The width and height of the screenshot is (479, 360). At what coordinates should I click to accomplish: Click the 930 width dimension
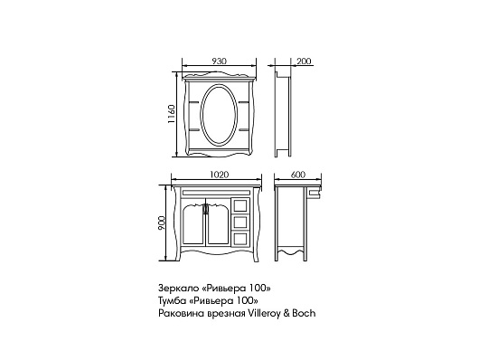click(219, 62)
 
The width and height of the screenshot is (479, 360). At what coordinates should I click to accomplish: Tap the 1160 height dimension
click(172, 114)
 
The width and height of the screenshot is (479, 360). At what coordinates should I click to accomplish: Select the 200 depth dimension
click(304, 62)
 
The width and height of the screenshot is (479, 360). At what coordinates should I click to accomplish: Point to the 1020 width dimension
click(220, 175)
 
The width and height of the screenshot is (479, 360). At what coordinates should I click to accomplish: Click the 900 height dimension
click(161, 223)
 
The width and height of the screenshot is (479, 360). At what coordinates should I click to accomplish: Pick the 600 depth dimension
click(298, 175)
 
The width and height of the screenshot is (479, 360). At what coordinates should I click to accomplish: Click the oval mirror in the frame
click(219, 114)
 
